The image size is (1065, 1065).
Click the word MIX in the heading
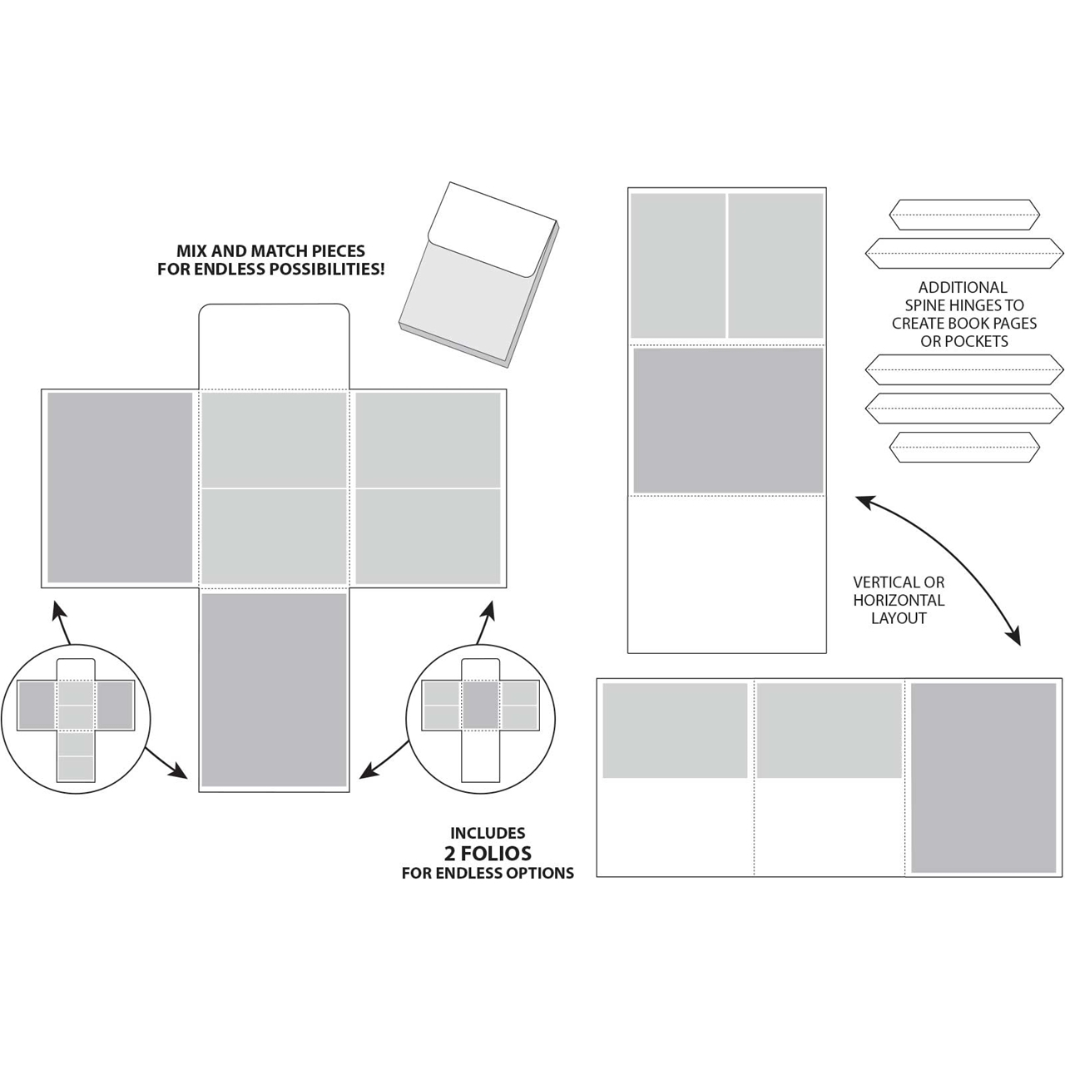pos(191,251)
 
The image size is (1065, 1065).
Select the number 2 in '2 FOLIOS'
pos(452,853)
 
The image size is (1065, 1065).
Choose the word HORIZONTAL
pos(899,600)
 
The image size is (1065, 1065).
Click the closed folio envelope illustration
pos(478,275)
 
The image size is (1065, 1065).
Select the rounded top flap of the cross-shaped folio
pos(274,345)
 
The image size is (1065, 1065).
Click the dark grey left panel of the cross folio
pos(120,488)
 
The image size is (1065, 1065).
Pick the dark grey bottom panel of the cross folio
pos(274,690)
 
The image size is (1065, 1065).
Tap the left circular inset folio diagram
pos(76,720)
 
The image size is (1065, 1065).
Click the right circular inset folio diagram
pos(480,720)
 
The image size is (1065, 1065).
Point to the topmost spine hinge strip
pos(963,215)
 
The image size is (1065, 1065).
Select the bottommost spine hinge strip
pos(963,448)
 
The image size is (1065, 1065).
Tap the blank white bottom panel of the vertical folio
pos(727,574)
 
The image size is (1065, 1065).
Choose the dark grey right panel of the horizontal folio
pos(983,778)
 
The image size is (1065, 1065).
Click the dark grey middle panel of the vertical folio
pos(728,420)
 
